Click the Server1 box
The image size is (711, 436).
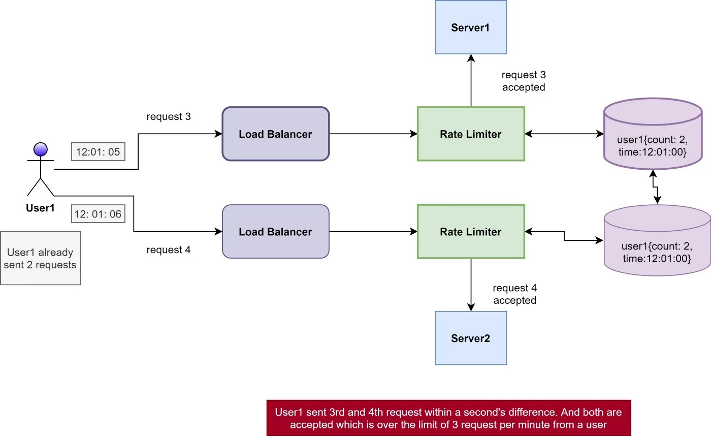click(471, 27)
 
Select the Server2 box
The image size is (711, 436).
click(471, 338)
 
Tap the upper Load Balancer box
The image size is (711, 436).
click(275, 134)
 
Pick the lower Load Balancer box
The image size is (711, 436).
click(275, 232)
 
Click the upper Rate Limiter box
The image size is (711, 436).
click(471, 134)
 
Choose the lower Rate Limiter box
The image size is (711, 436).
click(471, 232)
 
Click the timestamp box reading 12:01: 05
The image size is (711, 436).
click(98, 152)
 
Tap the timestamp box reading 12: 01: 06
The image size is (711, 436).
click(98, 214)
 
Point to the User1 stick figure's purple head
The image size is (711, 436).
click(41, 149)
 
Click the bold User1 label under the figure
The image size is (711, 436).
click(40, 208)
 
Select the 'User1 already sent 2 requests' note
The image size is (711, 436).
click(40, 258)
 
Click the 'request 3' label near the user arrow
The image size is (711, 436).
click(169, 116)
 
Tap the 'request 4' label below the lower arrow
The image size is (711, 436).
click(169, 250)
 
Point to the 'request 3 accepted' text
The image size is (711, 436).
click(524, 81)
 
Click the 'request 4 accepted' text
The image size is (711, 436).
click(515, 294)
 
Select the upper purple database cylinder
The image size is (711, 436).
click(653, 134)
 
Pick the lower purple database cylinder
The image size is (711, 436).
click(657, 240)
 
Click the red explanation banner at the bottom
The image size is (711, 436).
click(449, 418)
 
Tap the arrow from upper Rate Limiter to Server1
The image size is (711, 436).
click(471, 81)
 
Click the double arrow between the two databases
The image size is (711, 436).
click(655, 187)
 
